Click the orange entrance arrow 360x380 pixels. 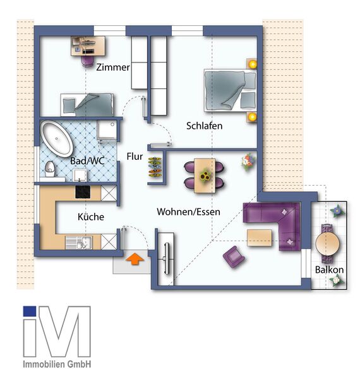point(135,258)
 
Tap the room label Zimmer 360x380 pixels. point(113,67)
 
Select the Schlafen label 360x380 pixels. point(204,126)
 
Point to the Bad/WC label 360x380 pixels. point(87,161)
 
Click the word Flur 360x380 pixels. point(135,157)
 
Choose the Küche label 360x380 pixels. point(90,217)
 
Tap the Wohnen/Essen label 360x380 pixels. point(188,212)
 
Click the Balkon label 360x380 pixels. point(330,270)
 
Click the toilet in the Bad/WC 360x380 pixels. point(50,169)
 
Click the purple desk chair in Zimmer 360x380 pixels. point(87,60)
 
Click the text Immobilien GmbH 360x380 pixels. point(57,365)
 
